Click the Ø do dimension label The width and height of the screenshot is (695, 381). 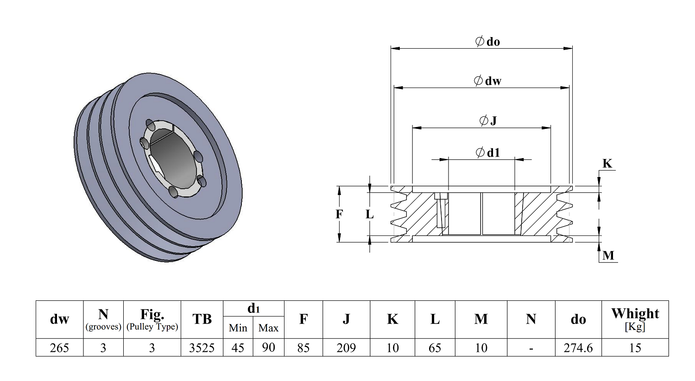tap(487, 41)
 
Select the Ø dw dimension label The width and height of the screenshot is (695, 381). tap(487, 81)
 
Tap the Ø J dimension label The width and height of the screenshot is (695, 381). tap(488, 121)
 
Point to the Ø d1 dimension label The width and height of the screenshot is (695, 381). tap(488, 152)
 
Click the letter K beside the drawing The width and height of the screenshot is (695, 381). tap(607, 164)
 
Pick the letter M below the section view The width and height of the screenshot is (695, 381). tap(608, 255)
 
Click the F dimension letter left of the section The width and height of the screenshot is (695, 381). tap(339, 214)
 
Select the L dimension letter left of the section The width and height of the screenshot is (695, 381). tap(369, 214)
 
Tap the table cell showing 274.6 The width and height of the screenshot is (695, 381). tap(578, 348)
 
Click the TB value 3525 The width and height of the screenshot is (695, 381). tap(202, 348)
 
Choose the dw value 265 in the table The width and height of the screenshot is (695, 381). tap(59, 348)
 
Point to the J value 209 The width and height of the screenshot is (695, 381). tap(346, 348)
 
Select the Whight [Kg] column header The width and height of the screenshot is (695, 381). tap(635, 319)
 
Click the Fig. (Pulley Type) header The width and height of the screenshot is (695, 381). tap(152, 319)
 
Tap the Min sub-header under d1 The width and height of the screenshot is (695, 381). tap(238, 328)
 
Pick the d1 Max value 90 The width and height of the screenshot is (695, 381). tap(268, 348)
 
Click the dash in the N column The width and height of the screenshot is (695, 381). tap(531, 349)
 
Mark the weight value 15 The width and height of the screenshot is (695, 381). tap(635, 348)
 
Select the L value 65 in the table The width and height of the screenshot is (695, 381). tap(435, 348)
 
